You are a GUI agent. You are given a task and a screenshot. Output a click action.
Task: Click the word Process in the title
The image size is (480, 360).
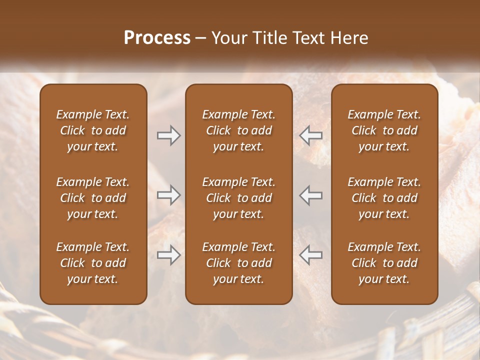click(157, 38)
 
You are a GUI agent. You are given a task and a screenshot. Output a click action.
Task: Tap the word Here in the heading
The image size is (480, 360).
click(349, 38)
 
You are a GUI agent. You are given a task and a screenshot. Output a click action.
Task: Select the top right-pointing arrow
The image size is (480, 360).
click(168, 135)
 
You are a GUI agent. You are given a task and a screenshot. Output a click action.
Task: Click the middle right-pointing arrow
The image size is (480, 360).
click(168, 195)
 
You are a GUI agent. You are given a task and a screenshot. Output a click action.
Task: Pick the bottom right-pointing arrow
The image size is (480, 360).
click(168, 255)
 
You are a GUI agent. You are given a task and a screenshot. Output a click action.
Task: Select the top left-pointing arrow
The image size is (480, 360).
click(311, 135)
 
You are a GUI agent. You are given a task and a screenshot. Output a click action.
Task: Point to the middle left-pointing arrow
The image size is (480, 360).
click(311, 195)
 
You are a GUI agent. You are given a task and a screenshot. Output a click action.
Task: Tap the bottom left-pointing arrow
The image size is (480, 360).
click(311, 255)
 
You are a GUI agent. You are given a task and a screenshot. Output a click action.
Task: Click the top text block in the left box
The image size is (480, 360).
click(93, 130)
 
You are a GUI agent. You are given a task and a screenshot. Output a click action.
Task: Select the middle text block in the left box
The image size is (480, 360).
click(93, 198)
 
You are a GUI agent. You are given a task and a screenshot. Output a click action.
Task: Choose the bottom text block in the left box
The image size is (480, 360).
click(93, 263)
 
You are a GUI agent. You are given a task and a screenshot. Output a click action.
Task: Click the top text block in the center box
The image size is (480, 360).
click(238, 130)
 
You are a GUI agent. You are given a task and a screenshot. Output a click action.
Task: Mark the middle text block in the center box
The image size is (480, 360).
click(238, 198)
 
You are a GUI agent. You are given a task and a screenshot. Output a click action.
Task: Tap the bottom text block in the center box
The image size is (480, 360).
click(238, 263)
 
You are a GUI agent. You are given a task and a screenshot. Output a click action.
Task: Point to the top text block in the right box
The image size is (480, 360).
click(384, 130)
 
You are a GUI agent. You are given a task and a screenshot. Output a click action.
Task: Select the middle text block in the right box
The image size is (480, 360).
click(384, 198)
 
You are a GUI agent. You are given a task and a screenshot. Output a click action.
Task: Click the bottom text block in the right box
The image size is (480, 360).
click(384, 263)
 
